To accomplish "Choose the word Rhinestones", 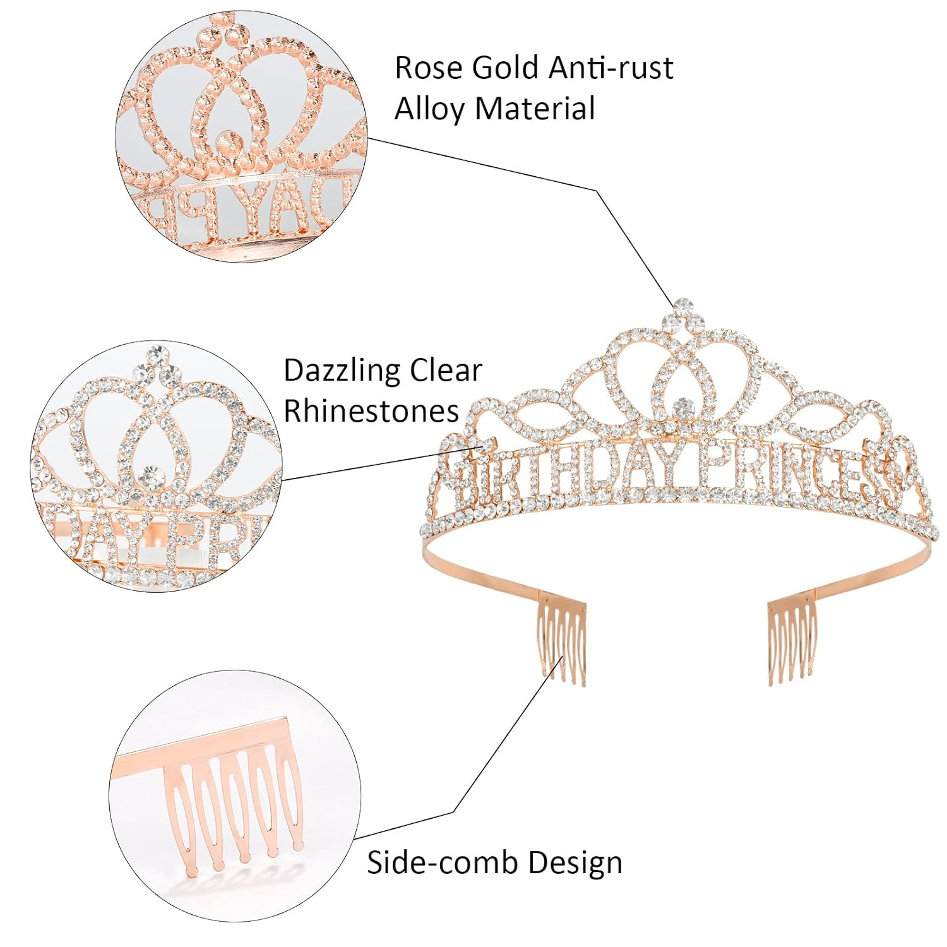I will click(371, 411).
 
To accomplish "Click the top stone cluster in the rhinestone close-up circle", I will click(155, 366).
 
